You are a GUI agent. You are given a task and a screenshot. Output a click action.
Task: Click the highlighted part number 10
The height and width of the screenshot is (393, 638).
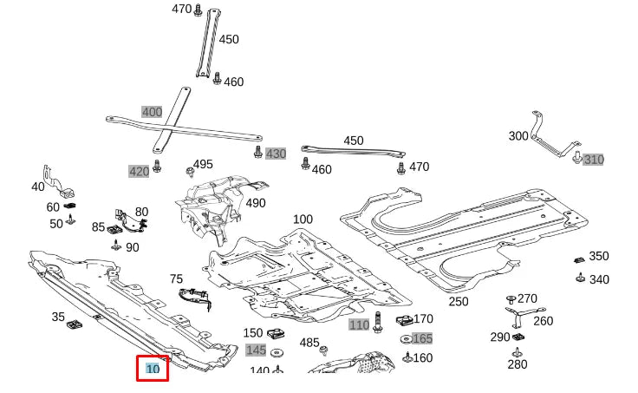point(153,369)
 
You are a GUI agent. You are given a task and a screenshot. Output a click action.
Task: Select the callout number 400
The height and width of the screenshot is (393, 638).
point(152,112)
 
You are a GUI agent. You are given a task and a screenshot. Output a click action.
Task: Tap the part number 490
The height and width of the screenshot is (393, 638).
point(256,203)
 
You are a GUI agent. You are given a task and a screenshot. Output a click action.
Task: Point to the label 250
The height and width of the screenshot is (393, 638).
point(459,302)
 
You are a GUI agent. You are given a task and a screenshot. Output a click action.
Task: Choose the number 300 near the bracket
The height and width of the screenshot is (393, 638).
point(518,136)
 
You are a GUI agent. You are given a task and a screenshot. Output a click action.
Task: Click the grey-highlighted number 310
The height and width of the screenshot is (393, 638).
point(593,160)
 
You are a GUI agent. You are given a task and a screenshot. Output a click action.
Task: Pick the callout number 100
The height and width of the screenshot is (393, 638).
point(303,219)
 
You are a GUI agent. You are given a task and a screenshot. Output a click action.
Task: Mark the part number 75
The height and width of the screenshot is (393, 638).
point(176,279)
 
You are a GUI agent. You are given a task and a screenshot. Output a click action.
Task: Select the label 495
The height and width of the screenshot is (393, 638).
point(203,165)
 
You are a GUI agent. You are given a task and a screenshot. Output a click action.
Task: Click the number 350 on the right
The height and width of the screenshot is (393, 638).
point(599,256)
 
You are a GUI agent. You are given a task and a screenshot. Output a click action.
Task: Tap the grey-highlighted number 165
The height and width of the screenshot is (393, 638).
point(422,338)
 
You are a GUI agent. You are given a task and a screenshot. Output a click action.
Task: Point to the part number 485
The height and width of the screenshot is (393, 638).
point(309,343)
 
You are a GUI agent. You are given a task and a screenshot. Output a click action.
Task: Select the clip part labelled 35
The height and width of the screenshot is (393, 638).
point(75,325)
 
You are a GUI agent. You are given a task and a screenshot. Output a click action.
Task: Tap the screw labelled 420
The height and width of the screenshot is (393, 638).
point(157,166)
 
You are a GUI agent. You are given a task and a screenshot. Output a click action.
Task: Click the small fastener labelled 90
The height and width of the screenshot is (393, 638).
point(115,246)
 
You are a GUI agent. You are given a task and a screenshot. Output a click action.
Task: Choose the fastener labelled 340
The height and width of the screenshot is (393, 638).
point(578,278)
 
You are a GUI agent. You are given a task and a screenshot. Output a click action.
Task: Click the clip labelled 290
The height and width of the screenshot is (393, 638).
point(519,337)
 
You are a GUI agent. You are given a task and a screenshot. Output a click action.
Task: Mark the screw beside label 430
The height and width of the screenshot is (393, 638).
point(257,153)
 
